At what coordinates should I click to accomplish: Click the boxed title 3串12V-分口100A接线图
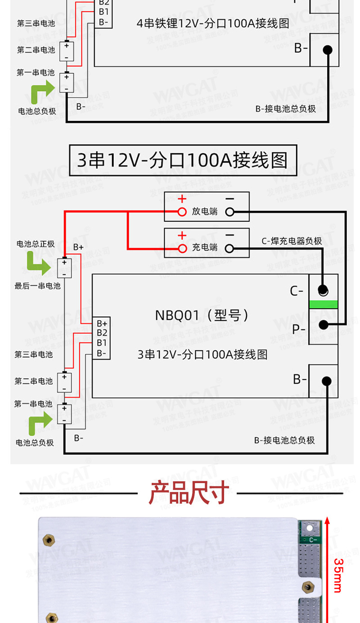click(182, 161)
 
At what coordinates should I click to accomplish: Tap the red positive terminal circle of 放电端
click(182, 212)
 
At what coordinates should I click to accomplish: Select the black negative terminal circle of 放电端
click(229, 212)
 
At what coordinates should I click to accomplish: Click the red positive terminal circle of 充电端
click(182, 248)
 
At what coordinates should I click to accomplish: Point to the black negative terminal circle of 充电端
click(229, 248)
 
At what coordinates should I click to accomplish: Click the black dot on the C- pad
click(323, 290)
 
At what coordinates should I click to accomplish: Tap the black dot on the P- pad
click(323, 324)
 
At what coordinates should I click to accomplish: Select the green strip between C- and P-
click(323, 304)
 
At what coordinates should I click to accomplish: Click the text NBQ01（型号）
click(202, 315)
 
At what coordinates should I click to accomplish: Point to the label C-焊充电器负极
click(292, 241)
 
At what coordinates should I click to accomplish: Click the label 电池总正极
click(36, 244)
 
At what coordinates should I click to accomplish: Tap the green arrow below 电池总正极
click(39, 263)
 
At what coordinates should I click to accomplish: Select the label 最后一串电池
click(37, 286)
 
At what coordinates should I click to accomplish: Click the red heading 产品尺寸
click(189, 493)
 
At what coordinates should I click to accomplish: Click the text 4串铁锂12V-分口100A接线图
click(213, 23)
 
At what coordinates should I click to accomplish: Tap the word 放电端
click(205, 211)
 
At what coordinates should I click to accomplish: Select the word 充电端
click(205, 248)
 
